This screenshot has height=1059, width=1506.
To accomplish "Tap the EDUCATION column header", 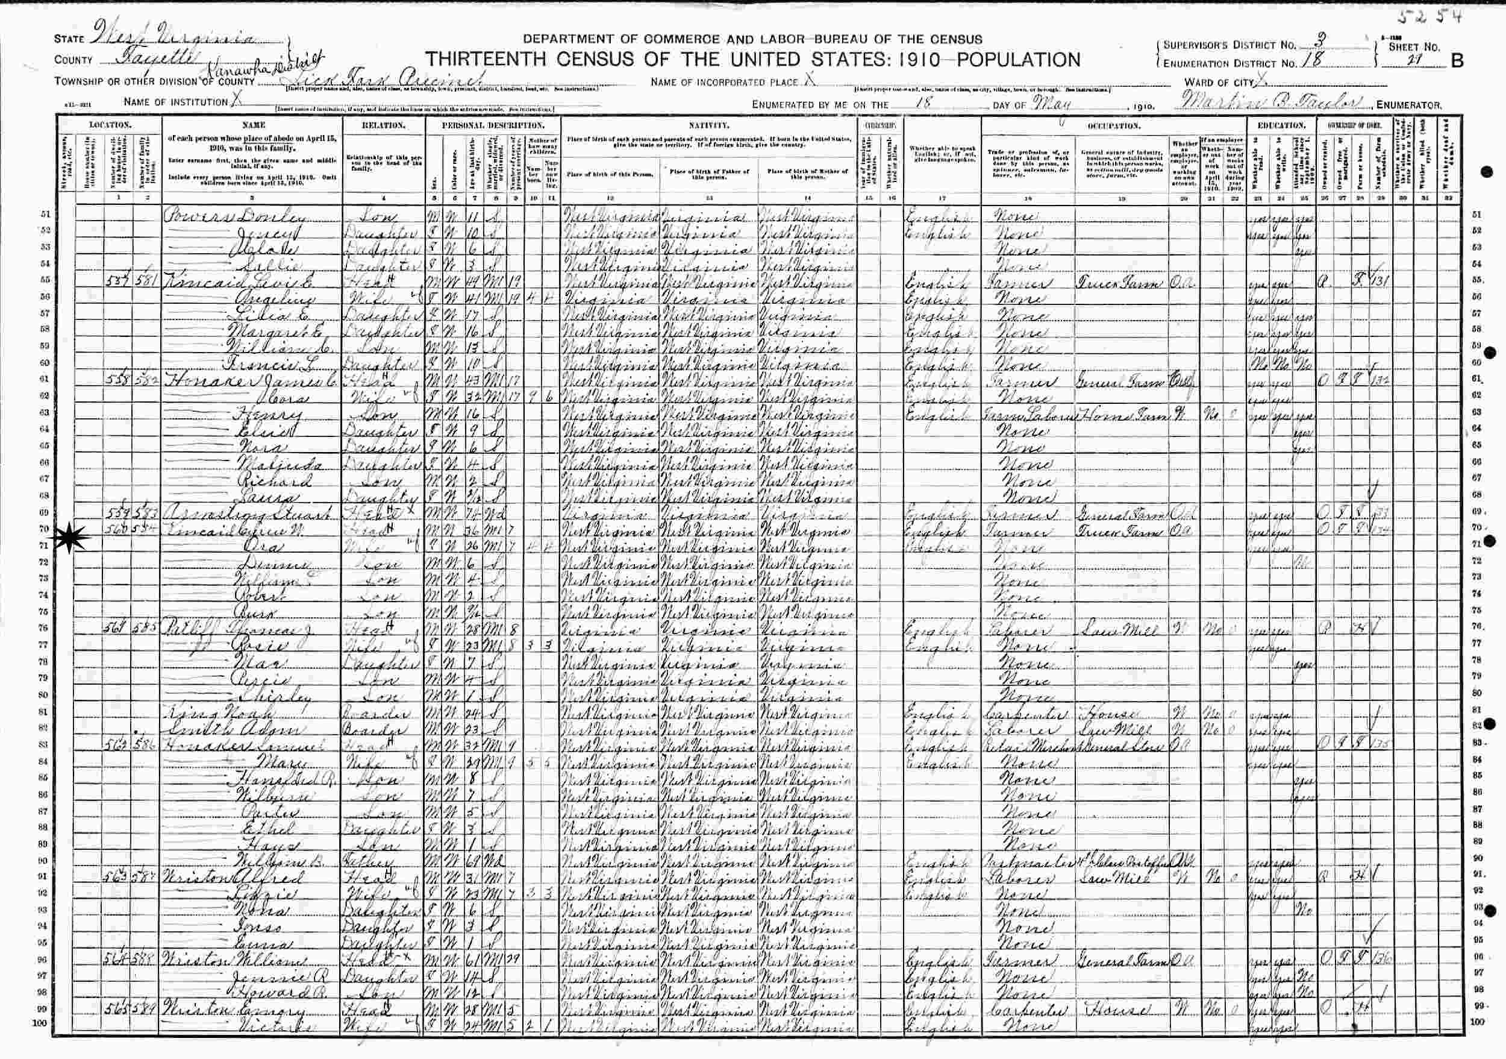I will [1279, 125].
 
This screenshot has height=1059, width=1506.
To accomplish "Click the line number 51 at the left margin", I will [45, 215].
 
